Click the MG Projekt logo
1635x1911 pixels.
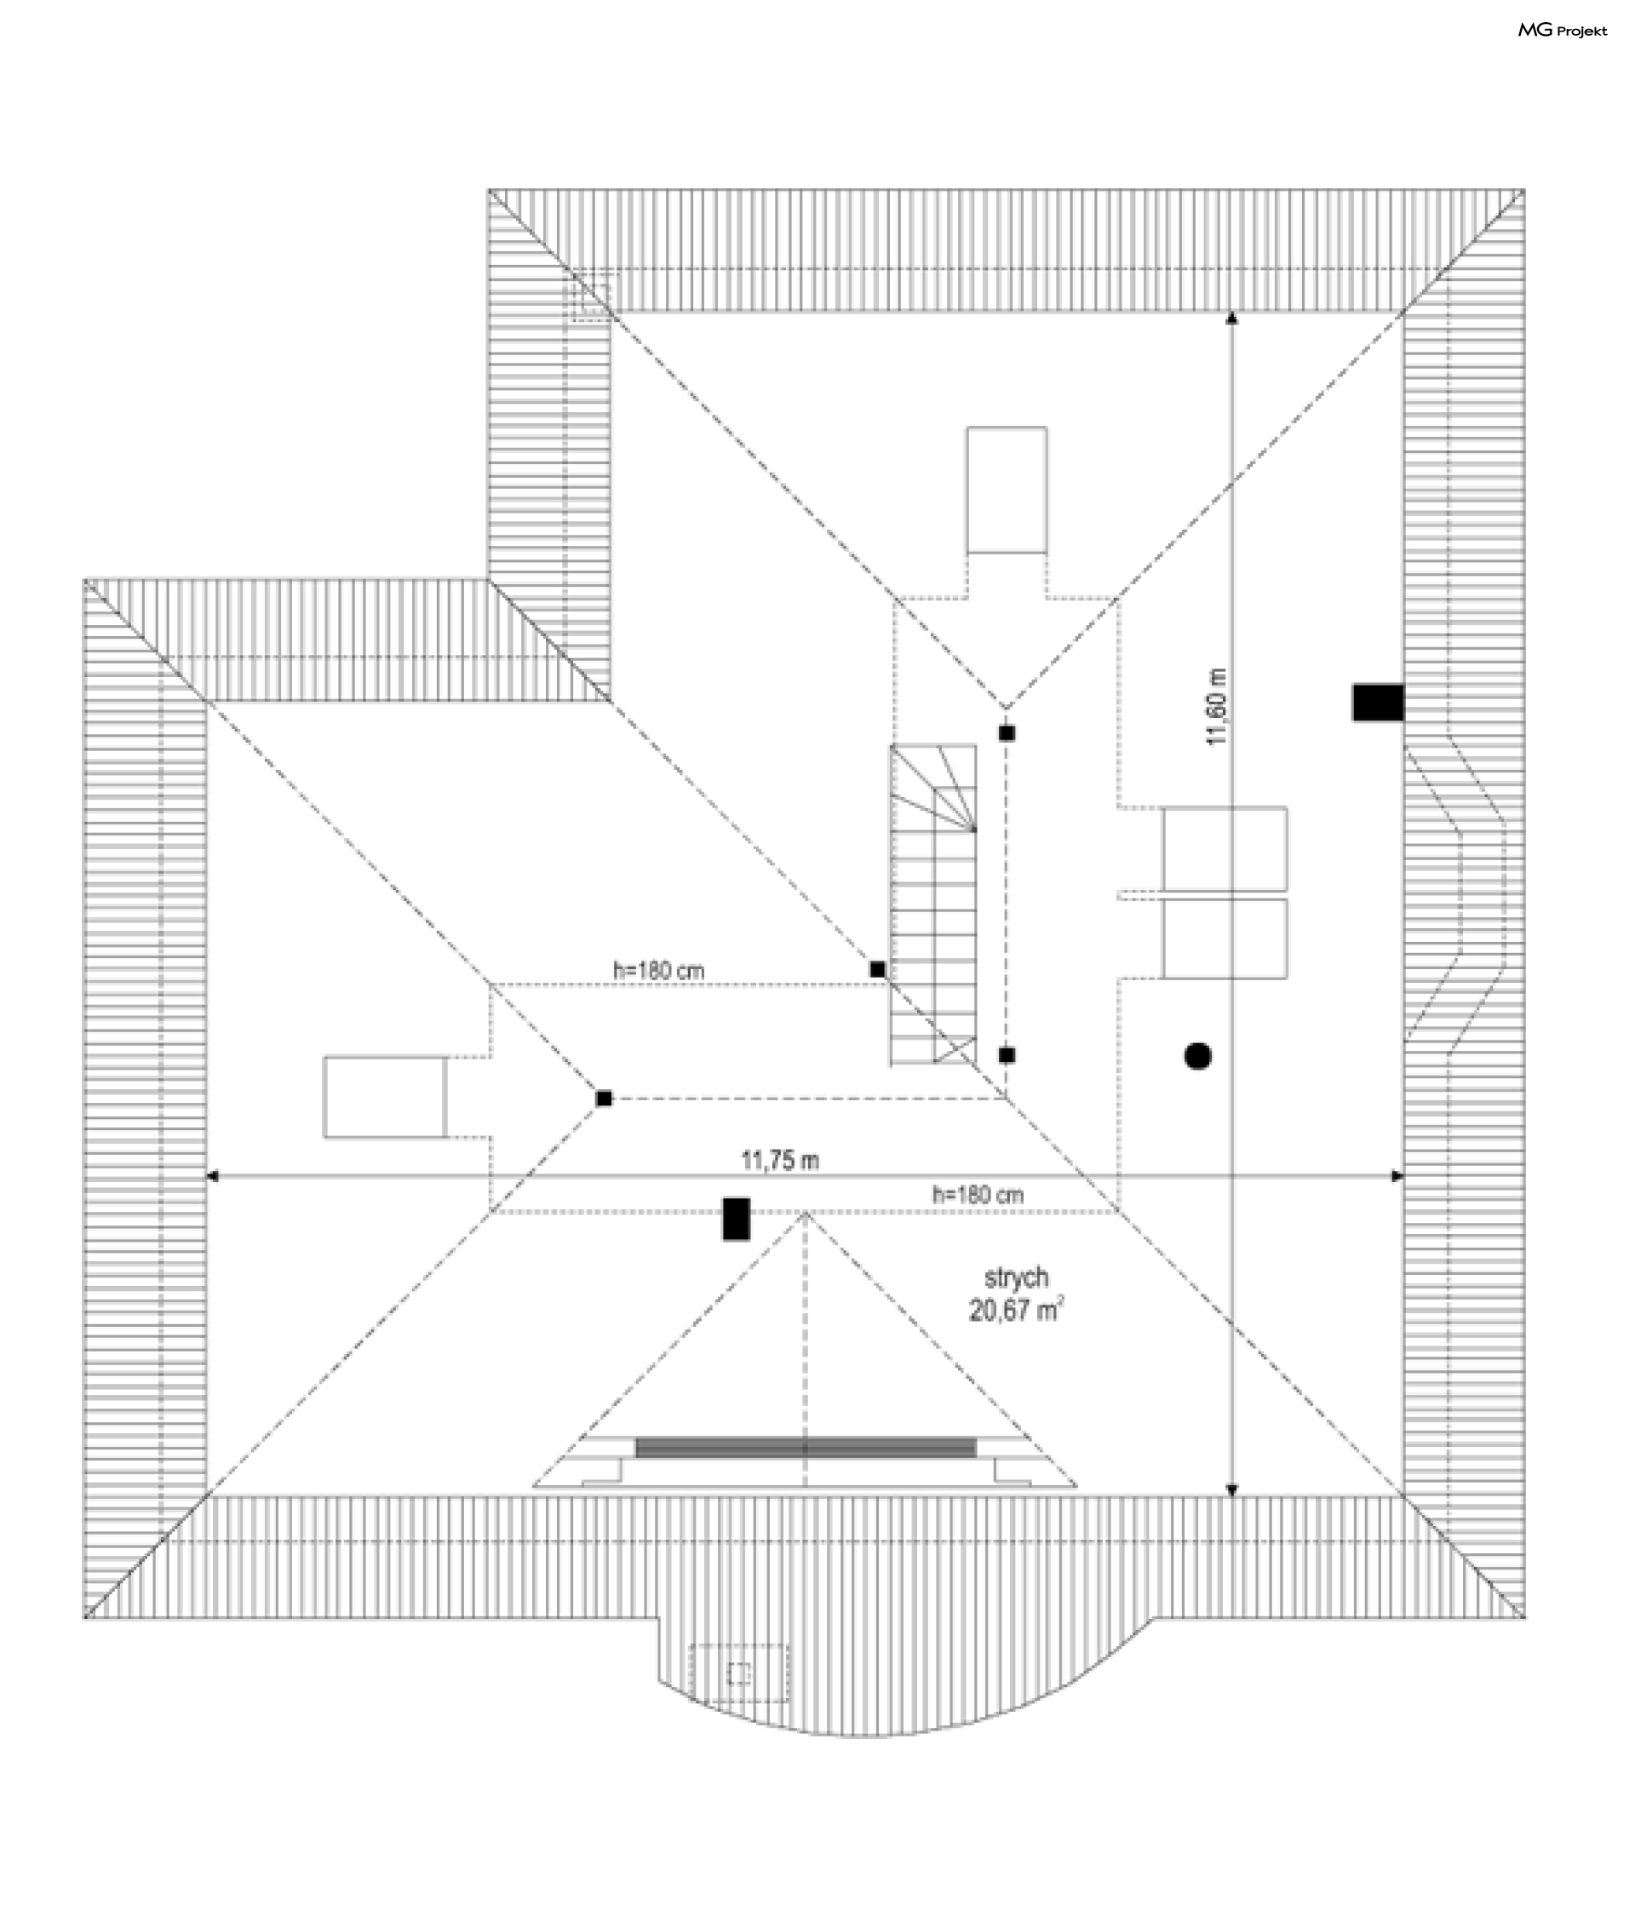[x=1561, y=31]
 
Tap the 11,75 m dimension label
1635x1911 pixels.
[x=779, y=1160]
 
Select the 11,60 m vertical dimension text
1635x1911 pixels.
[x=1217, y=707]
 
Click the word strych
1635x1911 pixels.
[x=1016, y=1277]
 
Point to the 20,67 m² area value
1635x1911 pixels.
[x=1015, y=1310]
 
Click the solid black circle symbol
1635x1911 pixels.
[x=1197, y=1056]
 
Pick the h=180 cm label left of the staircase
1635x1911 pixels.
[x=658, y=970]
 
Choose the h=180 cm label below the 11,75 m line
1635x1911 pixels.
[x=978, y=1196]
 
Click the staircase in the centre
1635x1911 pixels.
[x=933, y=904]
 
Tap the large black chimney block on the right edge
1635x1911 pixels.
[x=1378, y=702]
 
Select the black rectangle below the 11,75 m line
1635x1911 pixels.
[x=736, y=1219]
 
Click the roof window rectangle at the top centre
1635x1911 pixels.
[x=1006, y=490]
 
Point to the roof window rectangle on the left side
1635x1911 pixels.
[x=385, y=1097]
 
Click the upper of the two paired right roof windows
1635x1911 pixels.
[x=1225, y=848]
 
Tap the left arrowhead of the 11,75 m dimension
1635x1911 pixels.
[x=211, y=1176]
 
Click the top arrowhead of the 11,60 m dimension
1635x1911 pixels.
[x=1231, y=319]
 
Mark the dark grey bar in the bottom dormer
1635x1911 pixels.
[x=805, y=1447]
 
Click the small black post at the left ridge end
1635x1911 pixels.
[x=603, y=1098]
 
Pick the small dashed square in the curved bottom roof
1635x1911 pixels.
[x=738, y=1673]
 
